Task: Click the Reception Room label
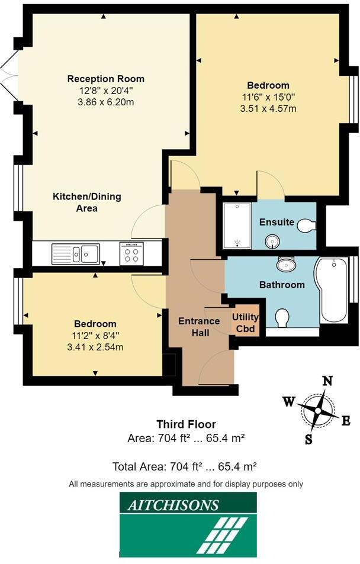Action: [x=105, y=79]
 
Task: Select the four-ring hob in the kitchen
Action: [x=131, y=253]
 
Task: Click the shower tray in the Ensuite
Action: [x=236, y=226]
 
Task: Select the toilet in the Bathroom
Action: [x=282, y=318]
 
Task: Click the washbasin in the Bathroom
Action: [x=287, y=263]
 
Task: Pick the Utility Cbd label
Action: [x=245, y=323]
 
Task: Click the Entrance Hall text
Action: [x=200, y=327]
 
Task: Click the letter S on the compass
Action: [x=308, y=439]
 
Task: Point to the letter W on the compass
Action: [x=289, y=401]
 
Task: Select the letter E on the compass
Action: [x=346, y=420]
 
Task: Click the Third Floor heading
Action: [x=186, y=424]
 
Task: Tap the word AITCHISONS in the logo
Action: [x=173, y=505]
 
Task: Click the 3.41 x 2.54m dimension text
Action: [x=95, y=347]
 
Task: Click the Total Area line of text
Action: [x=184, y=466]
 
